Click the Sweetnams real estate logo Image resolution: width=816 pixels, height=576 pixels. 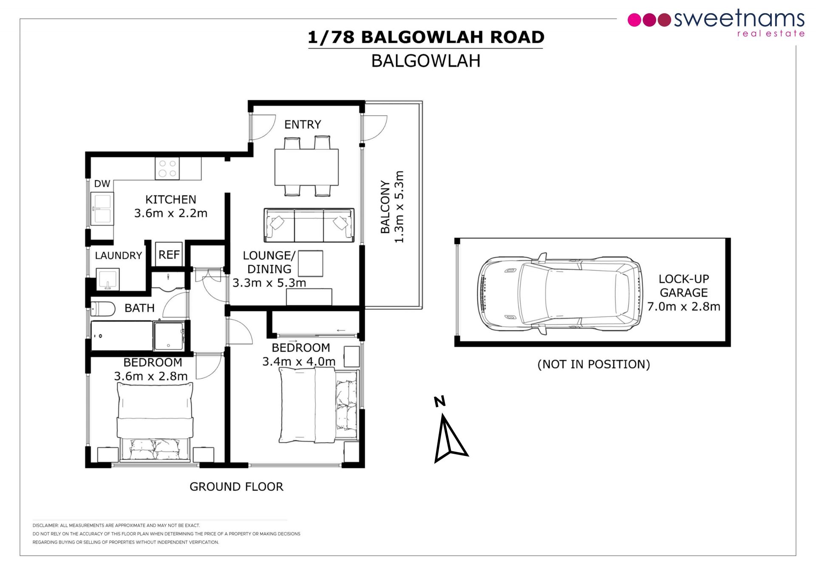click(716, 23)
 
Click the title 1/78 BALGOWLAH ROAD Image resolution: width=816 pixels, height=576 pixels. click(426, 37)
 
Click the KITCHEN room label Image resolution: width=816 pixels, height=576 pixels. click(171, 199)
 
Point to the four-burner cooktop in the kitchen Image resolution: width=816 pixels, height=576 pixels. click(167, 169)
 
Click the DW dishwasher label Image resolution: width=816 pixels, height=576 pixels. click(102, 184)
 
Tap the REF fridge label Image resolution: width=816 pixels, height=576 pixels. click(169, 255)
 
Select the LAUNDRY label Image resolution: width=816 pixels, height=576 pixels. click(118, 256)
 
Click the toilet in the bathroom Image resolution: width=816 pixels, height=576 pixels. click(103, 309)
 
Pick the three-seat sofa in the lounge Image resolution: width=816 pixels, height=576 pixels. click(309, 225)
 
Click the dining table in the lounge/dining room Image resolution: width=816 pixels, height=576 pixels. click(306, 166)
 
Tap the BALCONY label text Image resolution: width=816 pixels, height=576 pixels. click(385, 207)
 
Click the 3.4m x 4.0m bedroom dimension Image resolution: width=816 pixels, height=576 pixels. click(299, 362)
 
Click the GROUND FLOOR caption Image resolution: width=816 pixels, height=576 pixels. click(236, 486)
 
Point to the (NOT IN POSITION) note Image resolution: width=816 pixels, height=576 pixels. click(594, 364)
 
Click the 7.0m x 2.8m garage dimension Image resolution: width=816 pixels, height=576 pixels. click(684, 306)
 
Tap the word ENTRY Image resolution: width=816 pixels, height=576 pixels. click(303, 124)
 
